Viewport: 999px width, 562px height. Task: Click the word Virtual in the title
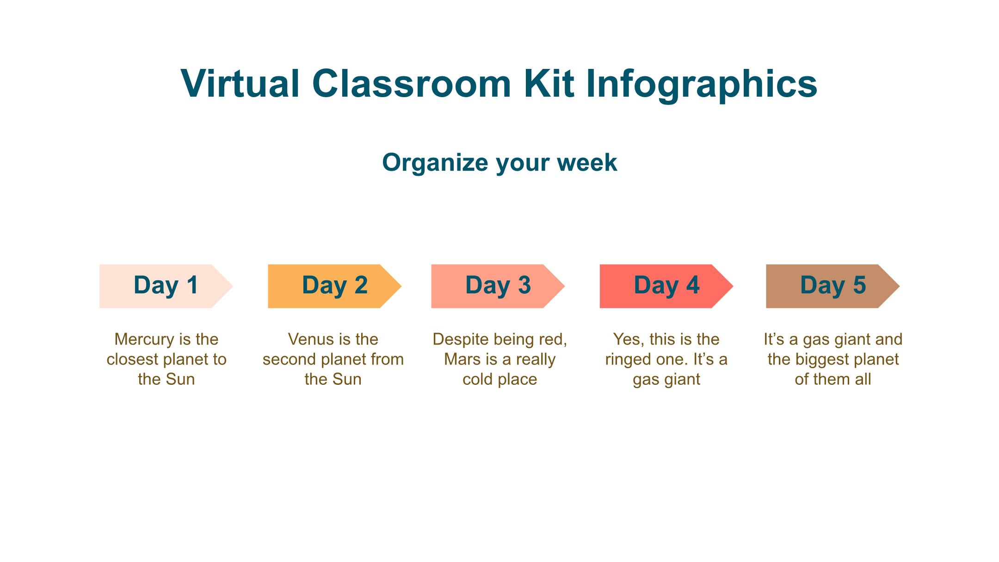pos(240,83)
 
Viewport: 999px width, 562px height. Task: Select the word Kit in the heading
pos(549,83)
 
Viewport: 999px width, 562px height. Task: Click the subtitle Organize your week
pos(499,163)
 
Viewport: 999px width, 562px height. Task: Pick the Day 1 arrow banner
pos(166,286)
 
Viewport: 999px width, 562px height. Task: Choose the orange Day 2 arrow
pos(334,286)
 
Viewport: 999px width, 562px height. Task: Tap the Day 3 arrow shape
pos(498,286)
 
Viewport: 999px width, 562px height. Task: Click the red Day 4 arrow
pos(666,286)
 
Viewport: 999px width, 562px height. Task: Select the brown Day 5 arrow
pos(832,286)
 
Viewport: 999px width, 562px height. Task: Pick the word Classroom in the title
pos(412,83)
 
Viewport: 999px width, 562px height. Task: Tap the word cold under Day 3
pos(479,379)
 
